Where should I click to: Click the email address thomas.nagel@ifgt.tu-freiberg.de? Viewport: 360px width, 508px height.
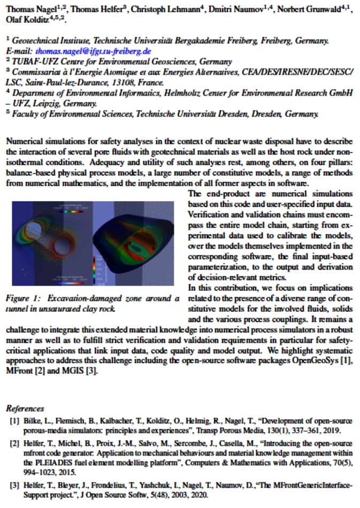point(93,52)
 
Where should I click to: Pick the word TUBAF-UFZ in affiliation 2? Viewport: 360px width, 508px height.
point(29,62)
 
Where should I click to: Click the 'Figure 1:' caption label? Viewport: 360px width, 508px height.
point(25,298)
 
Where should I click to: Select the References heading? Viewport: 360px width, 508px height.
point(25,408)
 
